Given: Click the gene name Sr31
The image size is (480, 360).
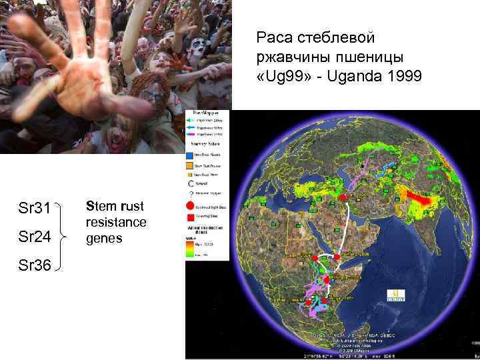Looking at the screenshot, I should point(33,209).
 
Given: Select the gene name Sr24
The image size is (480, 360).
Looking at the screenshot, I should point(33,236).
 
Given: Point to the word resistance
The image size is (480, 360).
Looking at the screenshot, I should point(117,221).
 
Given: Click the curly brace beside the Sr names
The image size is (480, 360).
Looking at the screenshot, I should point(64,236).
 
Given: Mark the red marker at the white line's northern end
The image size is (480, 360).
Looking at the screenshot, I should point(343,197).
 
